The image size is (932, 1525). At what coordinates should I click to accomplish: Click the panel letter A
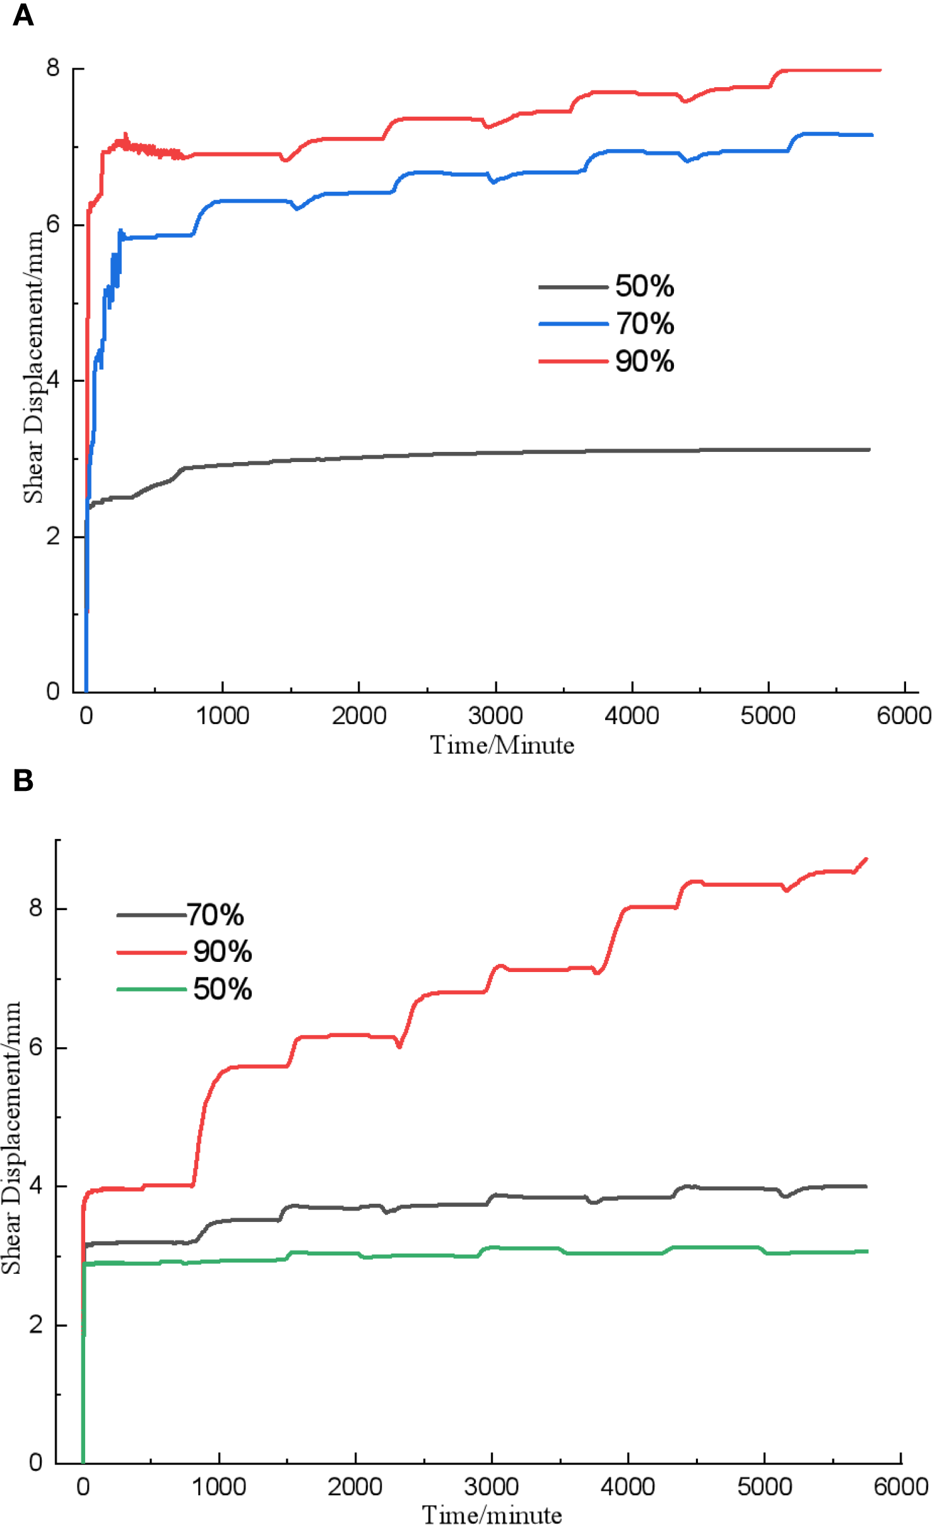(x=23, y=15)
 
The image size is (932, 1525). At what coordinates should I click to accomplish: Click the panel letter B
(x=23, y=781)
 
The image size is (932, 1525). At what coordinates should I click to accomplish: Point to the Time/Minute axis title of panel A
(x=502, y=745)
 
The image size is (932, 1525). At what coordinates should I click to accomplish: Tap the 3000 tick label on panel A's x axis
(x=495, y=716)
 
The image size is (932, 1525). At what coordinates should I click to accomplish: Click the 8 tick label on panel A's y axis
(x=53, y=68)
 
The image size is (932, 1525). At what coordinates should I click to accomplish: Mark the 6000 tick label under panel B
(x=900, y=1486)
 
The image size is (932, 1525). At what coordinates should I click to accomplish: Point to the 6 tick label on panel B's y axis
(x=36, y=1047)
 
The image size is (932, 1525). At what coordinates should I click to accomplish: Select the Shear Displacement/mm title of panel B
(x=11, y=1136)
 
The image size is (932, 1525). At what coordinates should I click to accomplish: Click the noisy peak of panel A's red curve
(x=125, y=136)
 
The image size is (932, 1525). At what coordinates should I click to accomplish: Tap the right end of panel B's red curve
(x=866, y=859)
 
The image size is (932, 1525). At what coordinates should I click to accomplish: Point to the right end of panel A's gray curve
(x=869, y=449)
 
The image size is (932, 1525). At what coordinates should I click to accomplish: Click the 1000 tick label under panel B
(x=218, y=1486)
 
